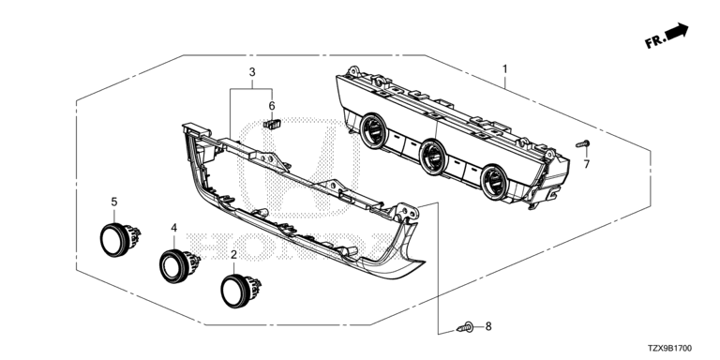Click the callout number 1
pyautogui.click(x=504, y=69)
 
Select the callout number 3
pyautogui.click(x=252, y=72)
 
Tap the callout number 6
pyautogui.click(x=272, y=106)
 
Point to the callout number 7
pyautogui.click(x=586, y=164)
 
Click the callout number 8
pyautogui.click(x=488, y=326)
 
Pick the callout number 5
pyautogui.click(x=113, y=202)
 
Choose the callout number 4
pyautogui.click(x=174, y=227)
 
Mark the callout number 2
pyautogui.click(x=233, y=254)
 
